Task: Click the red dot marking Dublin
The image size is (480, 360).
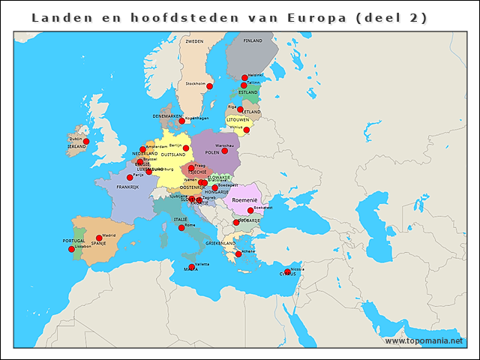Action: (86, 141)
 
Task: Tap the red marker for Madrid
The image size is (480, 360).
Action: (99, 238)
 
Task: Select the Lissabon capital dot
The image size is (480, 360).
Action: (71, 249)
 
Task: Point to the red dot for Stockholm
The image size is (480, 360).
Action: (209, 86)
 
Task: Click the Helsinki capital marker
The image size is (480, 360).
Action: (244, 77)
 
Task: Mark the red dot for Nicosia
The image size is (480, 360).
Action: (287, 271)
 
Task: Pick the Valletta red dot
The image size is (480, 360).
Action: (192, 266)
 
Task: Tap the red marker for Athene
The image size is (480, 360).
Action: (238, 254)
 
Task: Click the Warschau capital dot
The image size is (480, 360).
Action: (224, 151)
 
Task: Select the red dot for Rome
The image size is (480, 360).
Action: (181, 227)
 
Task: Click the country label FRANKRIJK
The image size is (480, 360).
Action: (127, 187)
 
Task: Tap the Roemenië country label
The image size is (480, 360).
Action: (245, 201)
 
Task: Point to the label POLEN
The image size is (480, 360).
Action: (212, 152)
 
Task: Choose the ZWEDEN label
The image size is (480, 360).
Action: (194, 41)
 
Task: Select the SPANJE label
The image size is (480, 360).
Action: (98, 243)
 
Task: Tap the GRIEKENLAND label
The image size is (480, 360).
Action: (220, 243)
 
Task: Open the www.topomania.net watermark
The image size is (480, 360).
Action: (430, 340)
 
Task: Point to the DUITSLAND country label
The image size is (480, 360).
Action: (173, 154)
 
